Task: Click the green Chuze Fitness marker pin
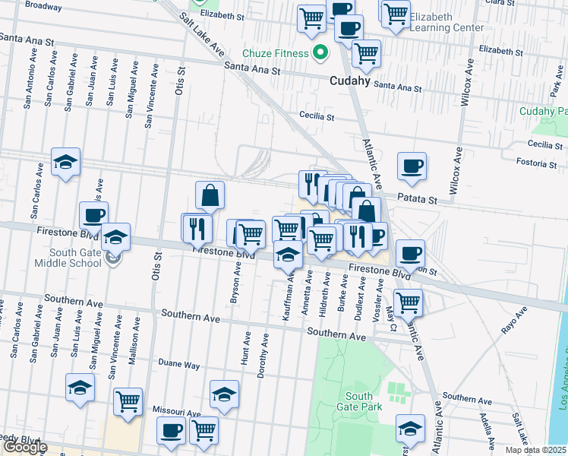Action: [320, 53]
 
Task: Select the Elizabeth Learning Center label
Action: [447, 22]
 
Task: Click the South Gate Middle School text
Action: [68, 258]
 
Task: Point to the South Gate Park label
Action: [359, 401]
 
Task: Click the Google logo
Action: [24, 448]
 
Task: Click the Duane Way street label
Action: [179, 365]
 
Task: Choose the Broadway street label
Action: [43, 5]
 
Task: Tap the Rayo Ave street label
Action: [514, 321]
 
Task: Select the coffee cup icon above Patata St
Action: [412, 166]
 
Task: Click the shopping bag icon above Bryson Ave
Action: [210, 195]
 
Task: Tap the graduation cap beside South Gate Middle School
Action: [116, 237]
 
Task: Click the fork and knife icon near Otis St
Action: [197, 227]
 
